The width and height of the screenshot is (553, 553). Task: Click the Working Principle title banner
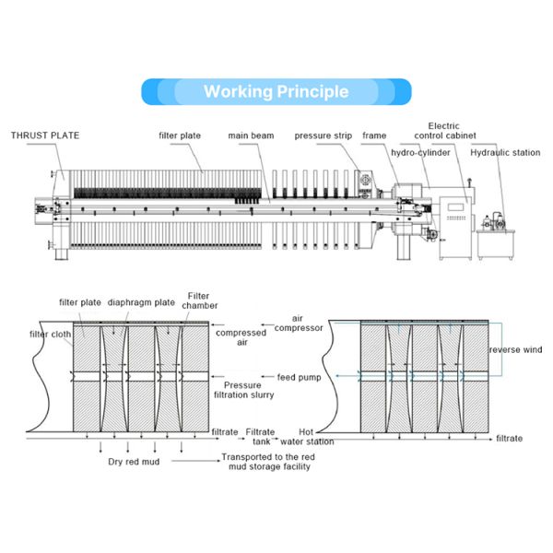[276, 91]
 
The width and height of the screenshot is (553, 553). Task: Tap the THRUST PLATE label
[45, 135]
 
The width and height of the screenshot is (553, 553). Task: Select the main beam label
[251, 135]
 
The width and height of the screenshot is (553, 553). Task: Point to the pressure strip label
[324, 135]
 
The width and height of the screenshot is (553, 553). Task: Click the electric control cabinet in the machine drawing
[455, 226]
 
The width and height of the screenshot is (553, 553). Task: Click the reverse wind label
[515, 349]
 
